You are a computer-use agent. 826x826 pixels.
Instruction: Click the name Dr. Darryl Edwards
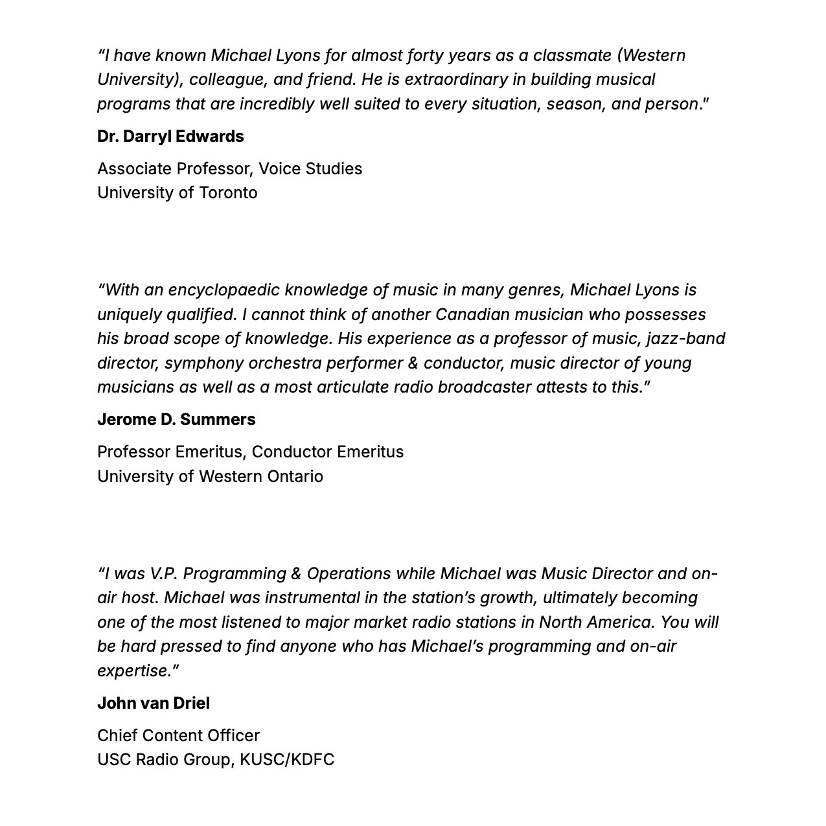170,137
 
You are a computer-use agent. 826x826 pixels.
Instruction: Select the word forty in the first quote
429,56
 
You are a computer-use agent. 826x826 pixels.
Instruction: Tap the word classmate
572,56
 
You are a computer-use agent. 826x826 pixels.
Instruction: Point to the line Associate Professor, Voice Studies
229,169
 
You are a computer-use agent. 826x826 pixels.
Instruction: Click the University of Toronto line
177,193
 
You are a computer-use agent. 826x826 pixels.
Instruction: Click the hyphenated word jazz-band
685,339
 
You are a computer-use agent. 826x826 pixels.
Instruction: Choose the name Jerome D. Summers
176,420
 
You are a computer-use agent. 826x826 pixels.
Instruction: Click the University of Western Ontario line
210,477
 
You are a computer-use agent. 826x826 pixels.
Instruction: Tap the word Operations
349,574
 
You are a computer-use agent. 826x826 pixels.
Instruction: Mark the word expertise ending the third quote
133,671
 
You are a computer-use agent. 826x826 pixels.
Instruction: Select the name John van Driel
154,704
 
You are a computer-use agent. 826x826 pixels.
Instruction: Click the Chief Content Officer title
178,736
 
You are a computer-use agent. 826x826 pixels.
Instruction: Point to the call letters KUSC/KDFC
287,760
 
